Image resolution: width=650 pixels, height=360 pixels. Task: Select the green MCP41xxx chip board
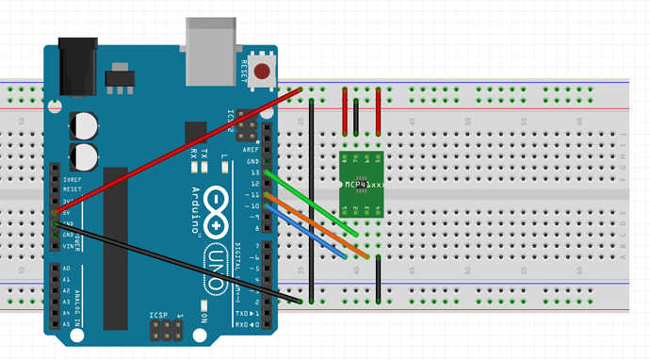click(x=362, y=184)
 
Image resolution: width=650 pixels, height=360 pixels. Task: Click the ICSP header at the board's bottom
click(x=166, y=329)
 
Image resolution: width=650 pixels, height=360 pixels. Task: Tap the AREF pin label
click(x=251, y=150)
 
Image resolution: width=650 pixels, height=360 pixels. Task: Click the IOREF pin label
click(x=71, y=178)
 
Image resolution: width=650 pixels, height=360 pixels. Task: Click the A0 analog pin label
click(x=66, y=269)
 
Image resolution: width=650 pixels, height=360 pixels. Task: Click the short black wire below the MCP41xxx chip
click(x=378, y=278)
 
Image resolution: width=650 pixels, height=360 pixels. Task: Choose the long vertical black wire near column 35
click(x=311, y=198)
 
